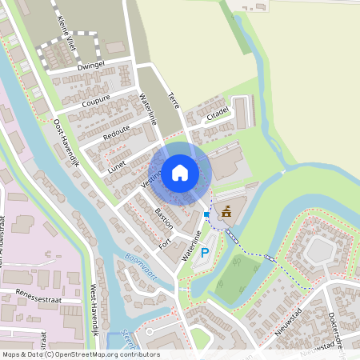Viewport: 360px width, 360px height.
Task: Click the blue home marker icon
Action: (x=180, y=173)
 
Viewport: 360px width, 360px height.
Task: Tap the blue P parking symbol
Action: (x=204, y=253)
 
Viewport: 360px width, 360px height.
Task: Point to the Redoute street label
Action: (x=117, y=130)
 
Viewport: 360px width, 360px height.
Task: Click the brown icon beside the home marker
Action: (x=227, y=212)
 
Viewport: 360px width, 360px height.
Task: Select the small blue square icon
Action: (x=207, y=214)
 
